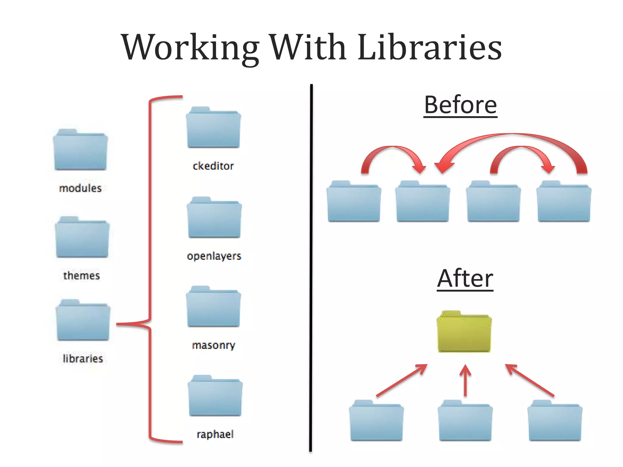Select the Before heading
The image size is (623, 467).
pos(460,105)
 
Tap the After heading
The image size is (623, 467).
pos(465,278)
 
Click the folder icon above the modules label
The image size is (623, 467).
pos(80,150)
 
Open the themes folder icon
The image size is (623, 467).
pos(82,238)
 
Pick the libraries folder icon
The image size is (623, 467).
pos(83,321)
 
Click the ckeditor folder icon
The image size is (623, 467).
pos(213,128)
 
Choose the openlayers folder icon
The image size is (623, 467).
pos(214,218)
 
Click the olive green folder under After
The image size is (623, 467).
pos(464,332)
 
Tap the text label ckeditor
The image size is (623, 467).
pos(213,166)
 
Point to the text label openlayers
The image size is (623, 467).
pos(214,256)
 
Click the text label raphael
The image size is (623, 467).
pos(215,434)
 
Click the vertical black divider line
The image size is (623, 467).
pos(311,268)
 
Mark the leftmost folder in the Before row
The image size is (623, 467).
pos(354,202)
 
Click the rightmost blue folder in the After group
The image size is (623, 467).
pos(555,421)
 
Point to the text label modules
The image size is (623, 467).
pos(80,188)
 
